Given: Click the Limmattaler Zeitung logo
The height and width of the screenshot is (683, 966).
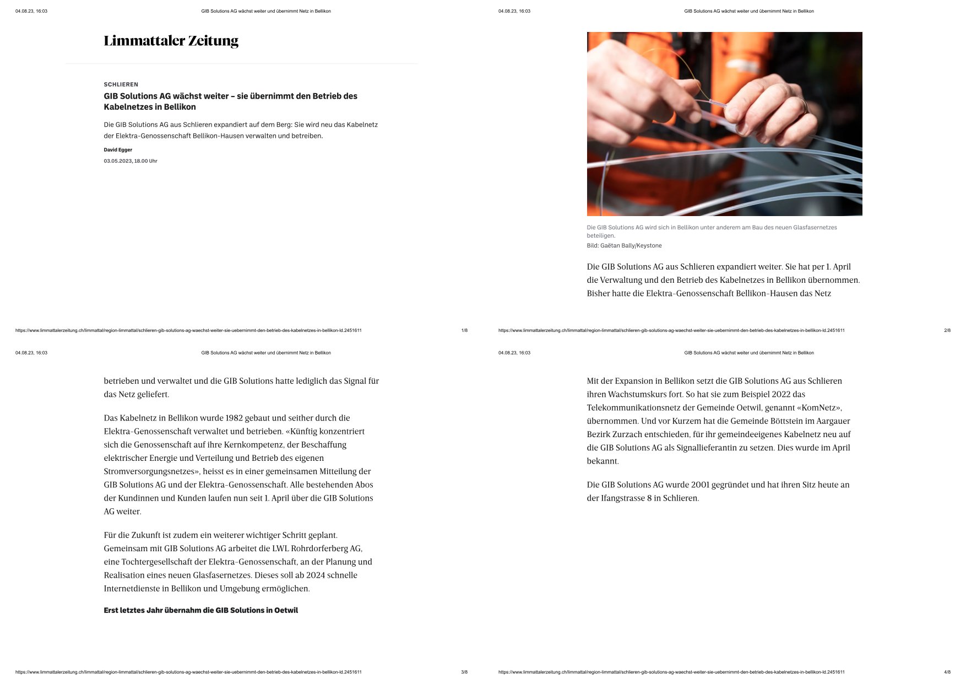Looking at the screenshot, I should coord(171,41).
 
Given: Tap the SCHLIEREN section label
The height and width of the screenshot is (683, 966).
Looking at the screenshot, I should coord(121,84).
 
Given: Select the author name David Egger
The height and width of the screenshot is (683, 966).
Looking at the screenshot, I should coord(118,150).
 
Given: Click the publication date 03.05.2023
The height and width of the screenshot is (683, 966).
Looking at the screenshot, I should coord(118,161).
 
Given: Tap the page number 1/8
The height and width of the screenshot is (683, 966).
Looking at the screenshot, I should coord(464,331).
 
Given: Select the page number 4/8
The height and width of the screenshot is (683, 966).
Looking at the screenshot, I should coord(947,673).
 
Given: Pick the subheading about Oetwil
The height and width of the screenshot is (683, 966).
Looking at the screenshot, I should coord(200,610).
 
